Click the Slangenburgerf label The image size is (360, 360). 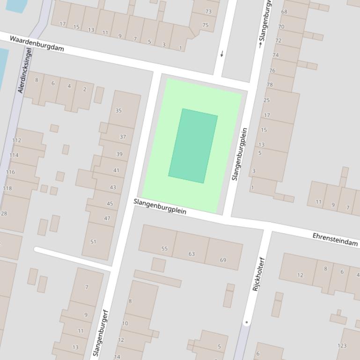(x=101, y=333)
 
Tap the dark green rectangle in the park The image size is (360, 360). (x=193, y=145)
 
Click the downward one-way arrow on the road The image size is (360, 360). (x=222, y=54)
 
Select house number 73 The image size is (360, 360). (x=208, y=12)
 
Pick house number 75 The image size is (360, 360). (x=205, y=25)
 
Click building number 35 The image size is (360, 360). (x=118, y=111)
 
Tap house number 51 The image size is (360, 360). (x=93, y=242)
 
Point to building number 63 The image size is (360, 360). (x=191, y=254)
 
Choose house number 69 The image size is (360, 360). (x=223, y=260)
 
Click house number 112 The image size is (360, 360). (x=16, y=140)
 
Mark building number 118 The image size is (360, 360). (x=7, y=188)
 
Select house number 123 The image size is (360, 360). (x=342, y=346)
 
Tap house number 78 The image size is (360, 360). (x=270, y=85)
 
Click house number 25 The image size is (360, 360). (x=267, y=100)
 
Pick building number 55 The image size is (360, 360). (x=164, y=249)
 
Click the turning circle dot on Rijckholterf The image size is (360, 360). (x=246, y=322)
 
